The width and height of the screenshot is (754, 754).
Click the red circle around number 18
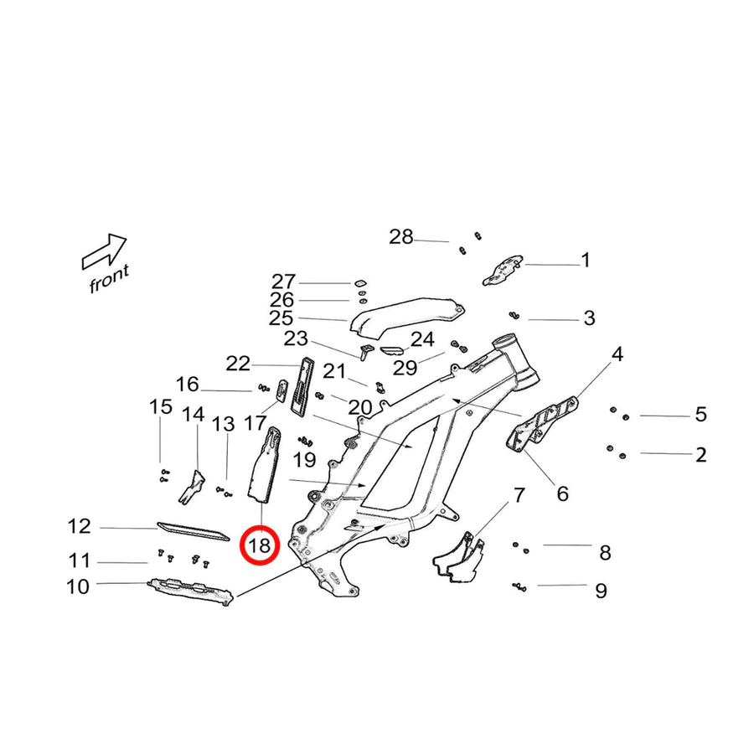point(259,546)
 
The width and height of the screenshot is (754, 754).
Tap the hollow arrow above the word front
point(105,250)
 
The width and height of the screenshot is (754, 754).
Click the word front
point(110,279)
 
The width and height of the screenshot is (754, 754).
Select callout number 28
point(401,237)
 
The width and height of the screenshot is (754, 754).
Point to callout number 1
point(586,261)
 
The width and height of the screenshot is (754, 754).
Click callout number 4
point(617,354)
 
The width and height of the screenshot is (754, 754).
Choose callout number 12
point(79,526)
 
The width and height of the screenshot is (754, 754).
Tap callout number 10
point(77,586)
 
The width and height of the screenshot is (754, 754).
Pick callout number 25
point(281,318)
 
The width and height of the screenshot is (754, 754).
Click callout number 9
point(601,591)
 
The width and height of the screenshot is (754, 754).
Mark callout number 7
point(519,495)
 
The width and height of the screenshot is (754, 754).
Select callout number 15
point(160,408)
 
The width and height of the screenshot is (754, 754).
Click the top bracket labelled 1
point(503,270)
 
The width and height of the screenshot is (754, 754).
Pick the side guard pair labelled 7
point(460,560)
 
